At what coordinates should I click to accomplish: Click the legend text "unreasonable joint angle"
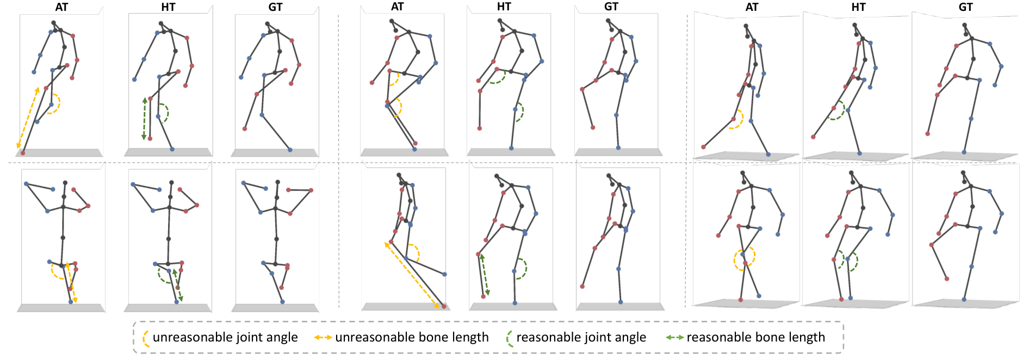coord(225,337)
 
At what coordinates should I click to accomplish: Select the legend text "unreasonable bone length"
coord(412,337)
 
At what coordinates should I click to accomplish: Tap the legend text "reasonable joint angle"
coord(581,337)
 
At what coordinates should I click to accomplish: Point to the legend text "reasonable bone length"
coord(755,337)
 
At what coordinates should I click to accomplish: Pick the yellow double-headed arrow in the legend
coord(323,338)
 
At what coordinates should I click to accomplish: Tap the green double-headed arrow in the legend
coord(674,338)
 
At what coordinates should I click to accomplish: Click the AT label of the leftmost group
coord(61,7)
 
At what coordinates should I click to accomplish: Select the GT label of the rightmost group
coord(965,7)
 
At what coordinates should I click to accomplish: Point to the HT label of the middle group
coord(504,7)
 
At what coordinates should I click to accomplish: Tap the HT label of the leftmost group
coord(168,7)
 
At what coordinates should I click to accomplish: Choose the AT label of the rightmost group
coord(752,7)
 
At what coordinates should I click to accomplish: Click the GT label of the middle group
coord(611,7)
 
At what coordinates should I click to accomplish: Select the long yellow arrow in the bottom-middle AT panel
coord(412,276)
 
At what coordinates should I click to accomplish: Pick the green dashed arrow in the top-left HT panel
coord(145,119)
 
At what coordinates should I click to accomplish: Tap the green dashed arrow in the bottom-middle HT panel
coord(485,275)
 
